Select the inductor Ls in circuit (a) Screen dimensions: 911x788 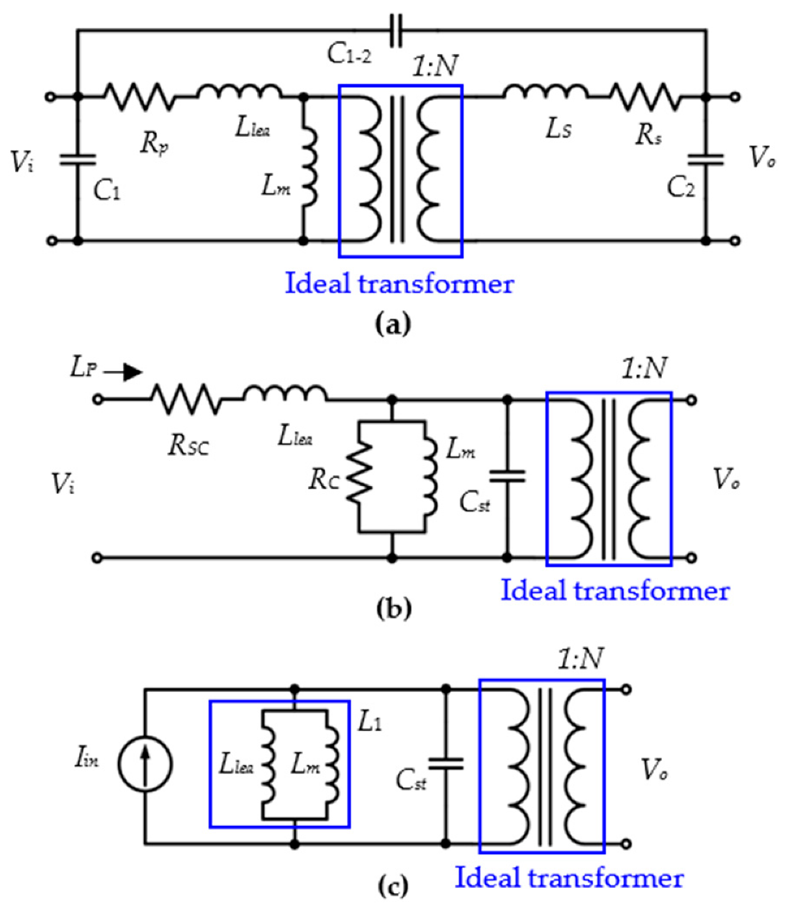545,92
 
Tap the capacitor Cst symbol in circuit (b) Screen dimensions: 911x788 507,476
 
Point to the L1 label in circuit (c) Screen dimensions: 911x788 369,722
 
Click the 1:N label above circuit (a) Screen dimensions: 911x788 435,66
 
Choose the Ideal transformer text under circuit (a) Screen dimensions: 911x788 399,283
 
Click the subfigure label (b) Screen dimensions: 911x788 394,609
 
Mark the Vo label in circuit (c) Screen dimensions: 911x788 655,771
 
